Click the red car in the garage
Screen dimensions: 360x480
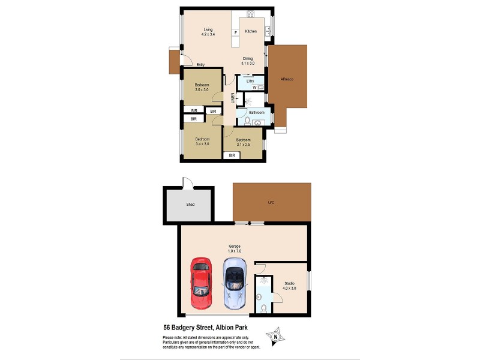coord(200,284)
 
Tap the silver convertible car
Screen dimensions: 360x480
coord(235,284)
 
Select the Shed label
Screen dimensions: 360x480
coord(190,205)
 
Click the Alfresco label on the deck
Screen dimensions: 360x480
coord(287,79)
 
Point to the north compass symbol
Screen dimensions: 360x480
coord(275,336)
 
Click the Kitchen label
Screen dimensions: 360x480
coord(251,31)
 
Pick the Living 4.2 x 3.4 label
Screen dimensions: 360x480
coord(208,32)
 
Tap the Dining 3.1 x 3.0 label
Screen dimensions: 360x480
coord(248,61)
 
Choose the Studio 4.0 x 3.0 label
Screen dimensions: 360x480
coord(289,285)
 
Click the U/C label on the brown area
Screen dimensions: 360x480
coord(271,202)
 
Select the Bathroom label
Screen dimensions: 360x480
coord(257,112)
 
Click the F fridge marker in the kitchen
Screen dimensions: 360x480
coord(236,32)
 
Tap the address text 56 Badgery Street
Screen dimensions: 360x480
coord(205,328)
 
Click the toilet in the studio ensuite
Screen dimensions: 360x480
coord(264,309)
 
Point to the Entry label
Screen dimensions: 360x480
coord(201,64)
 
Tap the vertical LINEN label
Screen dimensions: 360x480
coord(233,98)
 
